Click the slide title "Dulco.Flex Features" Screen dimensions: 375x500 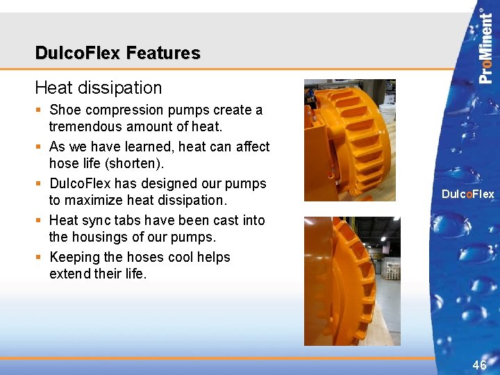(117, 53)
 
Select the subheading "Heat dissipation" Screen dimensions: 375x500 (98, 87)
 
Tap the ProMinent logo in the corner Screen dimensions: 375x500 (486, 46)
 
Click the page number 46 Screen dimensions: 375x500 (479, 365)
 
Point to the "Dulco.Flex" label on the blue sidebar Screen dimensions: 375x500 (467, 194)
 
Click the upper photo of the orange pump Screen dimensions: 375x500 (349, 140)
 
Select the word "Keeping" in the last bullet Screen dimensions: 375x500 (74, 257)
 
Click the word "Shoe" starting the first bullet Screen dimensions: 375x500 (65, 110)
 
